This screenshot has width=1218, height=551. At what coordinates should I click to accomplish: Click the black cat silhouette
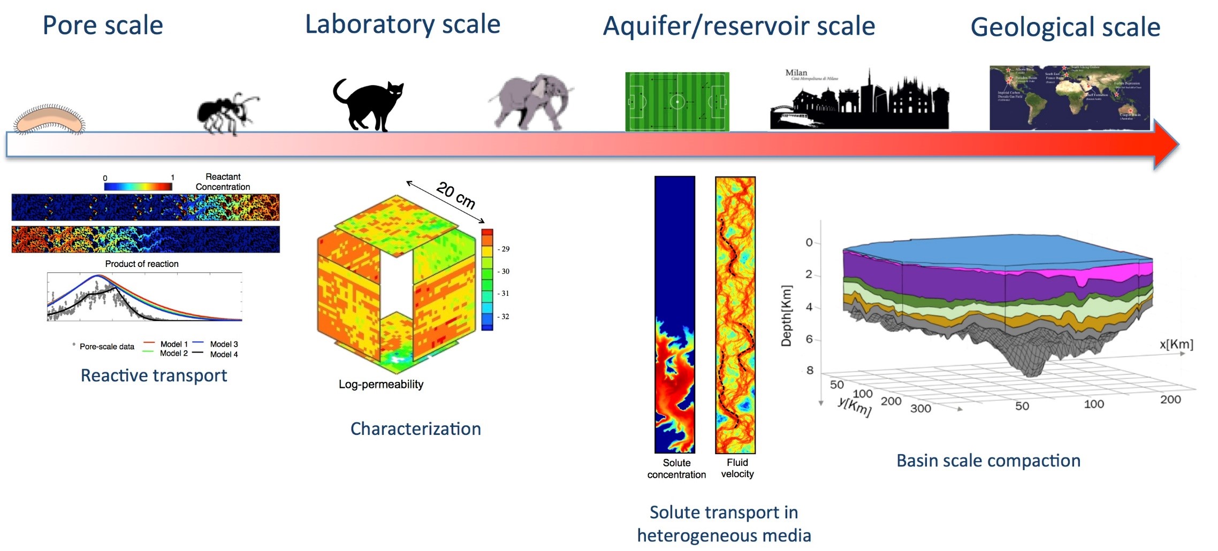tap(369, 105)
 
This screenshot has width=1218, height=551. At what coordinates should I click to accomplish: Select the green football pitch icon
tap(677, 102)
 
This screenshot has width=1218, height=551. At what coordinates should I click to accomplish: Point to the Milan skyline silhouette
tap(859, 102)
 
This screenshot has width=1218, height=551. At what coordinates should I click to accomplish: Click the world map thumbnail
tap(1069, 98)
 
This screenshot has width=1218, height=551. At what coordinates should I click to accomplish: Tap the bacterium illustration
tap(49, 120)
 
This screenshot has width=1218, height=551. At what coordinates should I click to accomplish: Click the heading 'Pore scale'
tap(103, 26)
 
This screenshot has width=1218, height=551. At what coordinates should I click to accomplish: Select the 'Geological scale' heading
tap(1065, 27)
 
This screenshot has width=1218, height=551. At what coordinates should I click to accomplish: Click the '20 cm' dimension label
tap(455, 195)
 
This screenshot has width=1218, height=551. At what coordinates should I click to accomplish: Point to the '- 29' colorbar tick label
tap(504, 249)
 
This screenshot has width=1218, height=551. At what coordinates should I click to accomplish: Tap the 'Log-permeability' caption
tap(381, 384)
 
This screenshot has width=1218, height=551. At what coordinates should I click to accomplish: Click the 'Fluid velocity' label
tap(737, 468)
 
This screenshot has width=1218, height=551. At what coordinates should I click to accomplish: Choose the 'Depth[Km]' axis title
tap(786, 316)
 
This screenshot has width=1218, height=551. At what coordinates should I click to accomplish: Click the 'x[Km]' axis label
tap(1176, 344)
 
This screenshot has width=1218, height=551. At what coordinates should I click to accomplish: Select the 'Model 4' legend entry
tap(224, 354)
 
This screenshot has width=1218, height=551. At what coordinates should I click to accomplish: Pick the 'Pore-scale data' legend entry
tap(106, 347)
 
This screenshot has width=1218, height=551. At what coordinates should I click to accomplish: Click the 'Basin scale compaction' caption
tap(988, 461)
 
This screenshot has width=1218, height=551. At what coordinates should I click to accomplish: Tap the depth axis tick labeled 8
tap(810, 370)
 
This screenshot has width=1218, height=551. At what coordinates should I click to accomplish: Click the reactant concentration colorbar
tap(138, 186)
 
